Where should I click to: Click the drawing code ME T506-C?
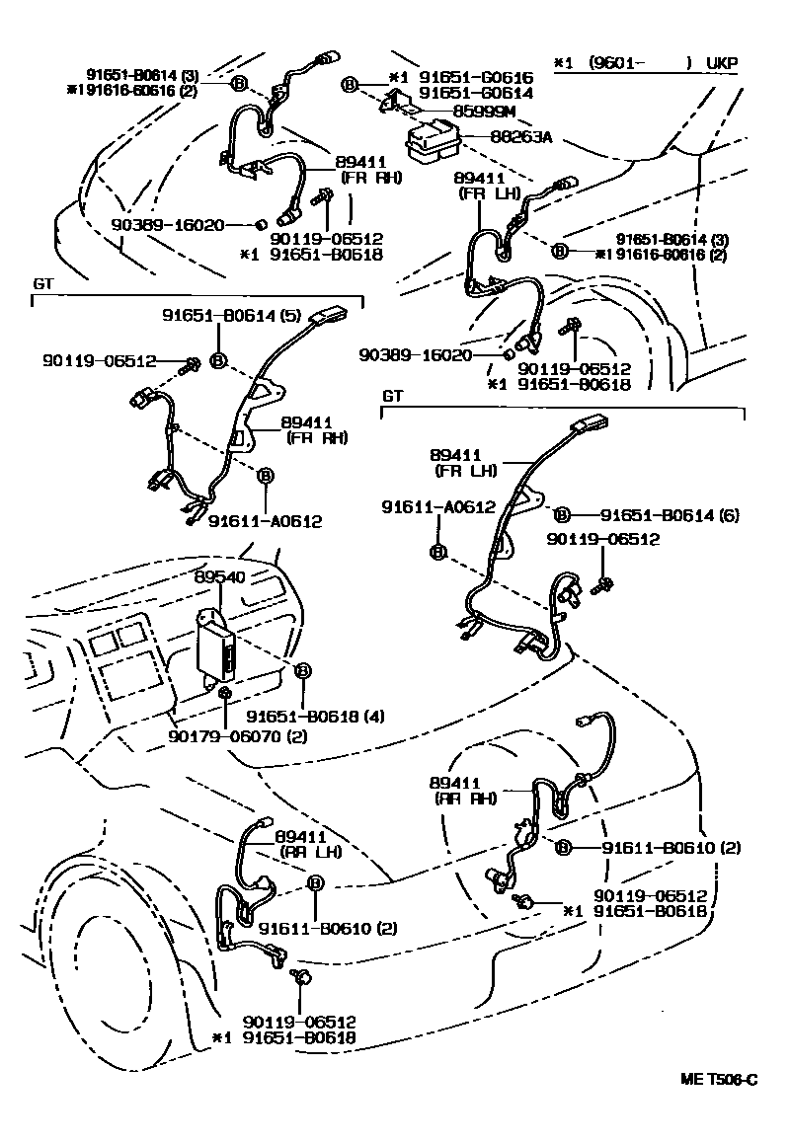click(719, 1080)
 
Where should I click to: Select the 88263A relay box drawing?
click(430, 140)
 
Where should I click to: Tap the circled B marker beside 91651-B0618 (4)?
click(303, 670)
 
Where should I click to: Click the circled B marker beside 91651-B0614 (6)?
click(561, 514)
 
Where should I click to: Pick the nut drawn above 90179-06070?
click(226, 695)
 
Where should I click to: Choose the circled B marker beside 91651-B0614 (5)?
click(220, 360)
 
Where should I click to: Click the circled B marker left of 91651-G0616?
click(349, 85)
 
